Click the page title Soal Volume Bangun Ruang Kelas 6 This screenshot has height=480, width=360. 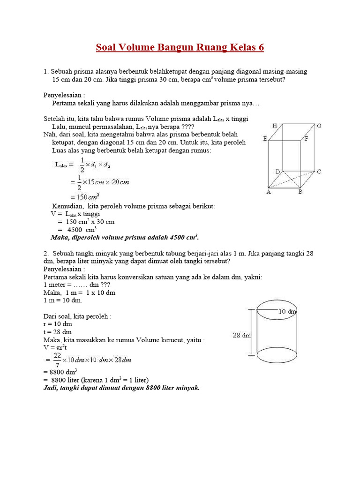click(180, 47)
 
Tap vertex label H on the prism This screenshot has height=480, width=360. click(275, 126)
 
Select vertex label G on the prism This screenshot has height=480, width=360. click(319, 126)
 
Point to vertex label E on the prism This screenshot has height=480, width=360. click(265, 139)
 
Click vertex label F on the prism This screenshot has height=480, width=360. click(306, 139)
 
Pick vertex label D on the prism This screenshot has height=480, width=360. click(277, 172)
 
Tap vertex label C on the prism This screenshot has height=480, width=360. click(319, 172)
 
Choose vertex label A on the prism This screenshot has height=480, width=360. click(269, 192)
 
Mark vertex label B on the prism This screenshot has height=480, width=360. click(300, 192)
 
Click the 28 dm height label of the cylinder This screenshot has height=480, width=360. click(241, 335)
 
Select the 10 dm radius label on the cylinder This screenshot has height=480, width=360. click(287, 311)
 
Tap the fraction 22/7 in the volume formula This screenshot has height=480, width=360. click(56, 360)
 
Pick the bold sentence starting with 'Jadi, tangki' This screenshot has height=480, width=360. click(121, 388)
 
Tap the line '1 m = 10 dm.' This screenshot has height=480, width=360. click(63, 300)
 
